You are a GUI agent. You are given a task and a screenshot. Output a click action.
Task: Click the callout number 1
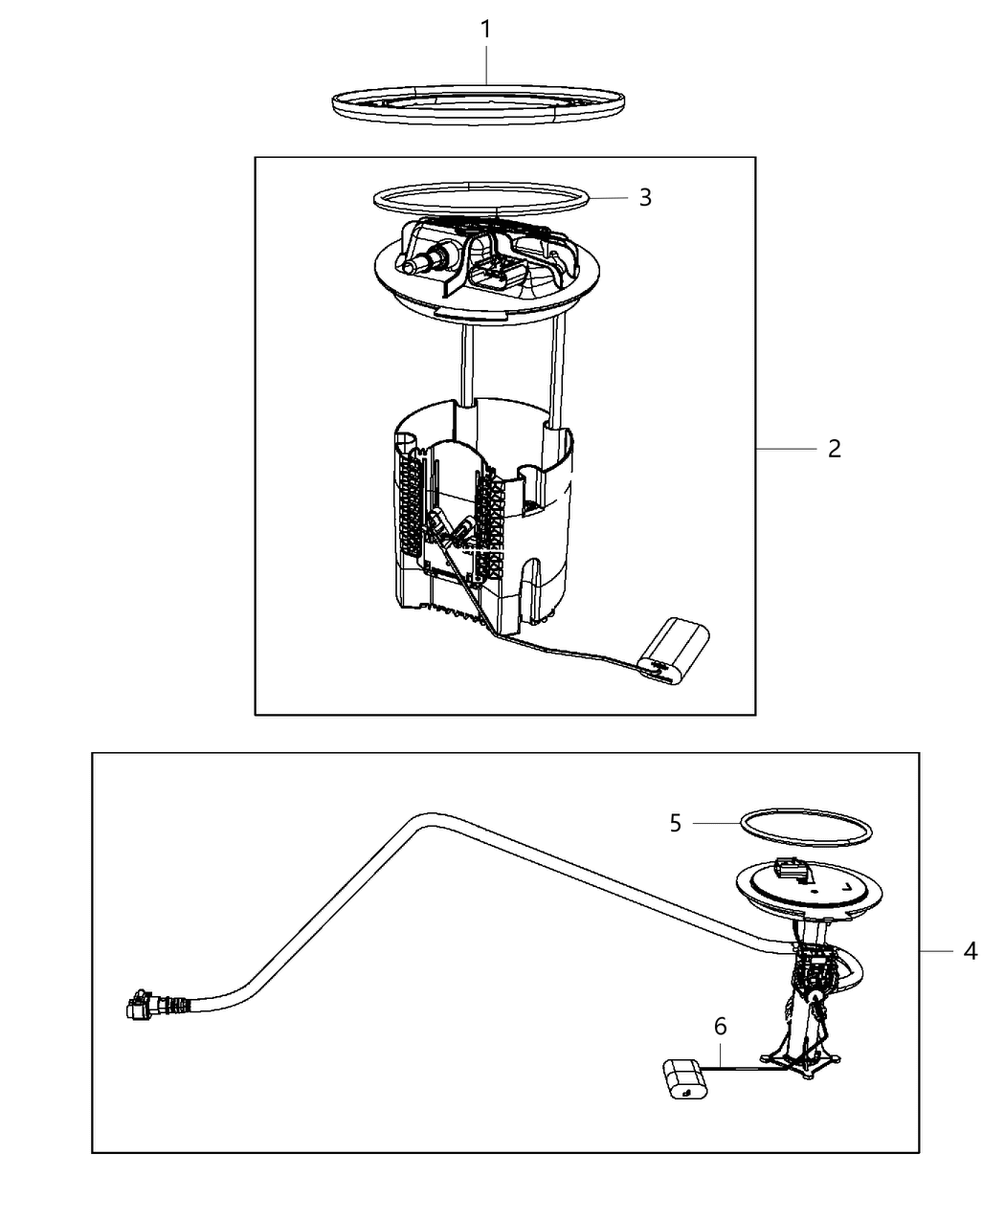pyautogui.click(x=485, y=30)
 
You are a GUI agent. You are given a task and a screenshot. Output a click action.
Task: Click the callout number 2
pyautogui.click(x=834, y=448)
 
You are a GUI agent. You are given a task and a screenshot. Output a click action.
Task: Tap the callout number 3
pyautogui.click(x=645, y=197)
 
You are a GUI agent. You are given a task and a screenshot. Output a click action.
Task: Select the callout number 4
pyautogui.click(x=970, y=951)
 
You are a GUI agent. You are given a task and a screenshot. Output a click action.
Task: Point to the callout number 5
pyautogui.click(x=676, y=823)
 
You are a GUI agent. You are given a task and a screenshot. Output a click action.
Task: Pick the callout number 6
pyautogui.click(x=720, y=1027)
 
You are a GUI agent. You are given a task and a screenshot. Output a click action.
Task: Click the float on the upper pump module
pyautogui.click(x=674, y=651)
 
